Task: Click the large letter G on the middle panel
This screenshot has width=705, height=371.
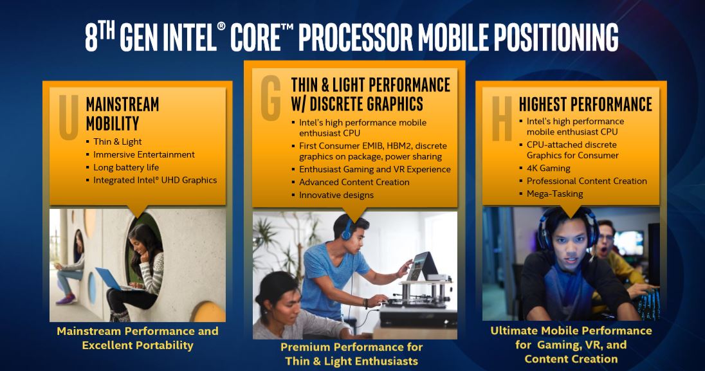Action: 271,98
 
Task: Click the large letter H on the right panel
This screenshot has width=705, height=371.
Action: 502,119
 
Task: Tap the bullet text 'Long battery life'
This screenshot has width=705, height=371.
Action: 126,167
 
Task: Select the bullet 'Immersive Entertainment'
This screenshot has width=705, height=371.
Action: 144,154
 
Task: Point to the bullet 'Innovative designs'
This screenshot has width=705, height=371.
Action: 336,195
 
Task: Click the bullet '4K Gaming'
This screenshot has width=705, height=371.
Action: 549,168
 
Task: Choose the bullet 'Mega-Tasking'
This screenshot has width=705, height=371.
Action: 555,194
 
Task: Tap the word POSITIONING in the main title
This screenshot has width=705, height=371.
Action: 556,38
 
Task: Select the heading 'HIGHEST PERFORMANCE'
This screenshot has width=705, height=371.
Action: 585,104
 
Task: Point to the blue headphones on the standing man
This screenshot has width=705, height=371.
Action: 346,230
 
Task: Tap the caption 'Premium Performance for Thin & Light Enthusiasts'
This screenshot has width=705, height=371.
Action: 352,354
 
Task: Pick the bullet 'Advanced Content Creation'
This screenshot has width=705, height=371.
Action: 354,182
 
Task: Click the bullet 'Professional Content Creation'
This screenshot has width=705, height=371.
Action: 587,181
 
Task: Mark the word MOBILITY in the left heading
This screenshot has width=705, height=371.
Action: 113,123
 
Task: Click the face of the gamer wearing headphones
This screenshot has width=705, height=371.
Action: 569,245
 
